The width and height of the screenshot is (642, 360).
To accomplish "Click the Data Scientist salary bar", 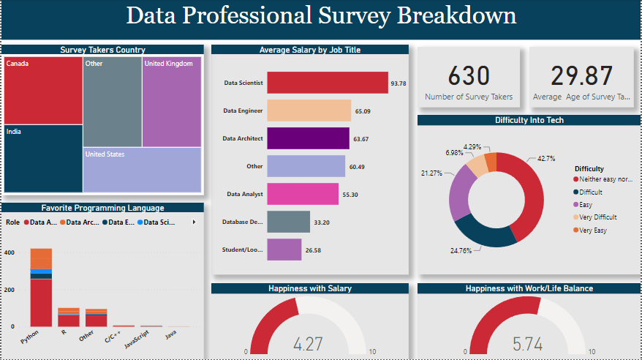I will point(327,83).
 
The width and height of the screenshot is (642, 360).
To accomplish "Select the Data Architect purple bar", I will point(308,138).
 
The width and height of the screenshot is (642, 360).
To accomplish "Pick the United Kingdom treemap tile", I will point(171,102).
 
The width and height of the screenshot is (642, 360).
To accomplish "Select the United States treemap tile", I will point(142,170).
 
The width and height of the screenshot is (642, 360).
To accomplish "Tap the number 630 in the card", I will point(468,75).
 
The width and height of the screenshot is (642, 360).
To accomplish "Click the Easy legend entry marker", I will point(576,205).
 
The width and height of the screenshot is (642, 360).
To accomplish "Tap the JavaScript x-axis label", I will point(136,340).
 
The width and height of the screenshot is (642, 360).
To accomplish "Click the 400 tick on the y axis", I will point(9,252).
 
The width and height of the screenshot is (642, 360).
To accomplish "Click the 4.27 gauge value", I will point(309,344).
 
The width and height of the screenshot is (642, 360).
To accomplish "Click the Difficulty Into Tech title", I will point(529,120).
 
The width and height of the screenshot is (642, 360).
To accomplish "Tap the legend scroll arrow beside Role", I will point(194,222).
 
